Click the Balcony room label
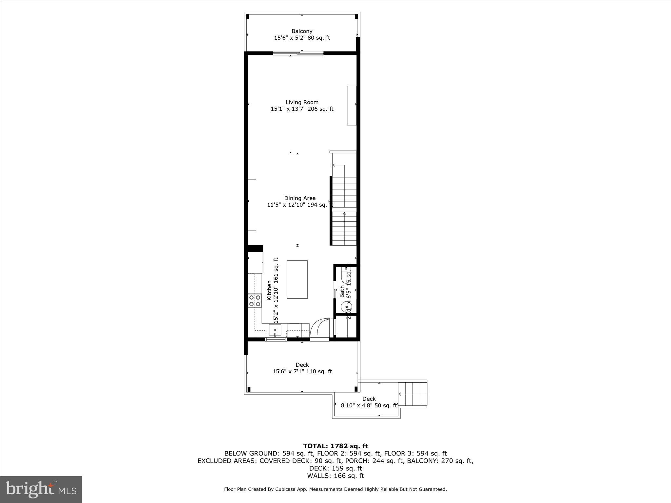coord(302,31)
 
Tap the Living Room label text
coord(302,102)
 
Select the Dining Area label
coord(300,198)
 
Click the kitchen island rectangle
coord(297,279)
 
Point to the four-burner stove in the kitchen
coord(255,301)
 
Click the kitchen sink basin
coord(275,330)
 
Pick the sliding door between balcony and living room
coord(298,53)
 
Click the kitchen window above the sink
coord(276,340)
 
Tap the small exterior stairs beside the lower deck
coord(413,394)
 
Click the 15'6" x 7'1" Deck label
coord(302,368)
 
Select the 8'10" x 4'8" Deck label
coord(369,402)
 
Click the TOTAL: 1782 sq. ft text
coord(335,446)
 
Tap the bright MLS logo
coord(41,489)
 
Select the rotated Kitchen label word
coord(269,290)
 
